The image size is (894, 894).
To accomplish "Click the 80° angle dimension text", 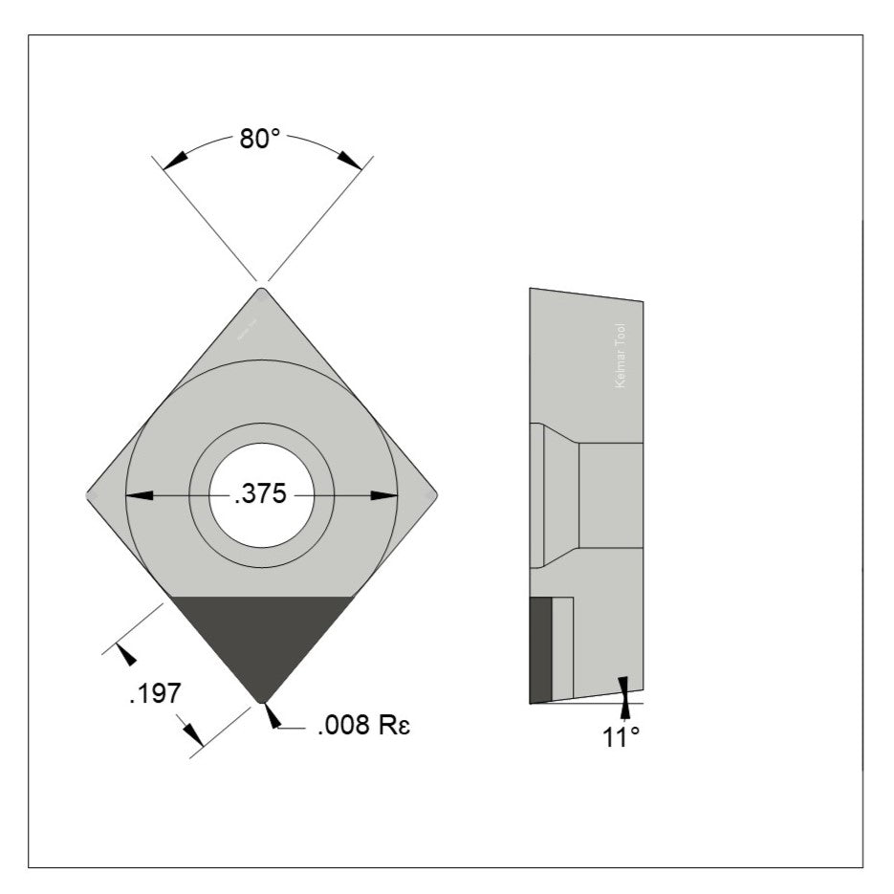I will click(259, 140).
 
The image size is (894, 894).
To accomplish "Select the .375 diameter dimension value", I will click(261, 495).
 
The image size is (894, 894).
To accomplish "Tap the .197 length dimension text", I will click(154, 693).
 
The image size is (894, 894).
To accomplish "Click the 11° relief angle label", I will click(621, 737).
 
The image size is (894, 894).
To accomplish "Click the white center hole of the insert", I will click(261, 495).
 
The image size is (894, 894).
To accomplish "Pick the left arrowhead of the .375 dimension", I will click(140, 495).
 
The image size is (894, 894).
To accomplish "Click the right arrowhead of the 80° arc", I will click(349, 161).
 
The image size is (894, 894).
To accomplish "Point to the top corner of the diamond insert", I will click(261, 290).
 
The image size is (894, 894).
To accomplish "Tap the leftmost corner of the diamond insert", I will click(89, 495).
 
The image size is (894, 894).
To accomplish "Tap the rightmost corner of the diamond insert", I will click(435, 495).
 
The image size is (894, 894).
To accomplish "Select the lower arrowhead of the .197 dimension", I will click(194, 733).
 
